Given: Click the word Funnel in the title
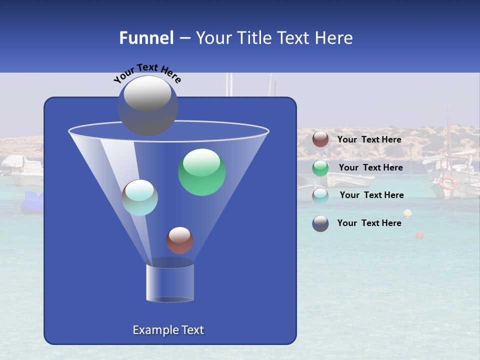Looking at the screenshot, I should pos(146,38).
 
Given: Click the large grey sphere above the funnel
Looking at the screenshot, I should pos(148,106).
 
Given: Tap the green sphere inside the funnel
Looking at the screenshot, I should pos(202,172).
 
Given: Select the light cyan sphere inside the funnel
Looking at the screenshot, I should pos(140,197).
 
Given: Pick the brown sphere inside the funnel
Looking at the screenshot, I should pos(179,240).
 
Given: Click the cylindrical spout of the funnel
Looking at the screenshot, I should pos(170,282).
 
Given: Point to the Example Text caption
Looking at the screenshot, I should pos(168,330).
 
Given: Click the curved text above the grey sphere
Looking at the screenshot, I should pos(147,73).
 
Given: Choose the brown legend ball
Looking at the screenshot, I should pos(320,139).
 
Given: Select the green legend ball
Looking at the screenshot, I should pos(320,168).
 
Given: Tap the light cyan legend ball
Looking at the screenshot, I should pos(320,195).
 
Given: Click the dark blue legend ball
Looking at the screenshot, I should pos(320,223).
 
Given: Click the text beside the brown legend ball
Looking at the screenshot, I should pos(369,139).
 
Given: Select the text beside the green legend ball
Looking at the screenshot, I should pos(370,167).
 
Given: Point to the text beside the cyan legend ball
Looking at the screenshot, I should pos(371,195).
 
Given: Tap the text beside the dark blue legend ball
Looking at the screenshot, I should pos(369,223).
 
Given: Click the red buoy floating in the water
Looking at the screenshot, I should pos(419,235).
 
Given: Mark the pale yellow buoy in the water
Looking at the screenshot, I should pos(407,213).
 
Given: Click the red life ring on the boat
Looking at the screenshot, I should pos(448,183).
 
